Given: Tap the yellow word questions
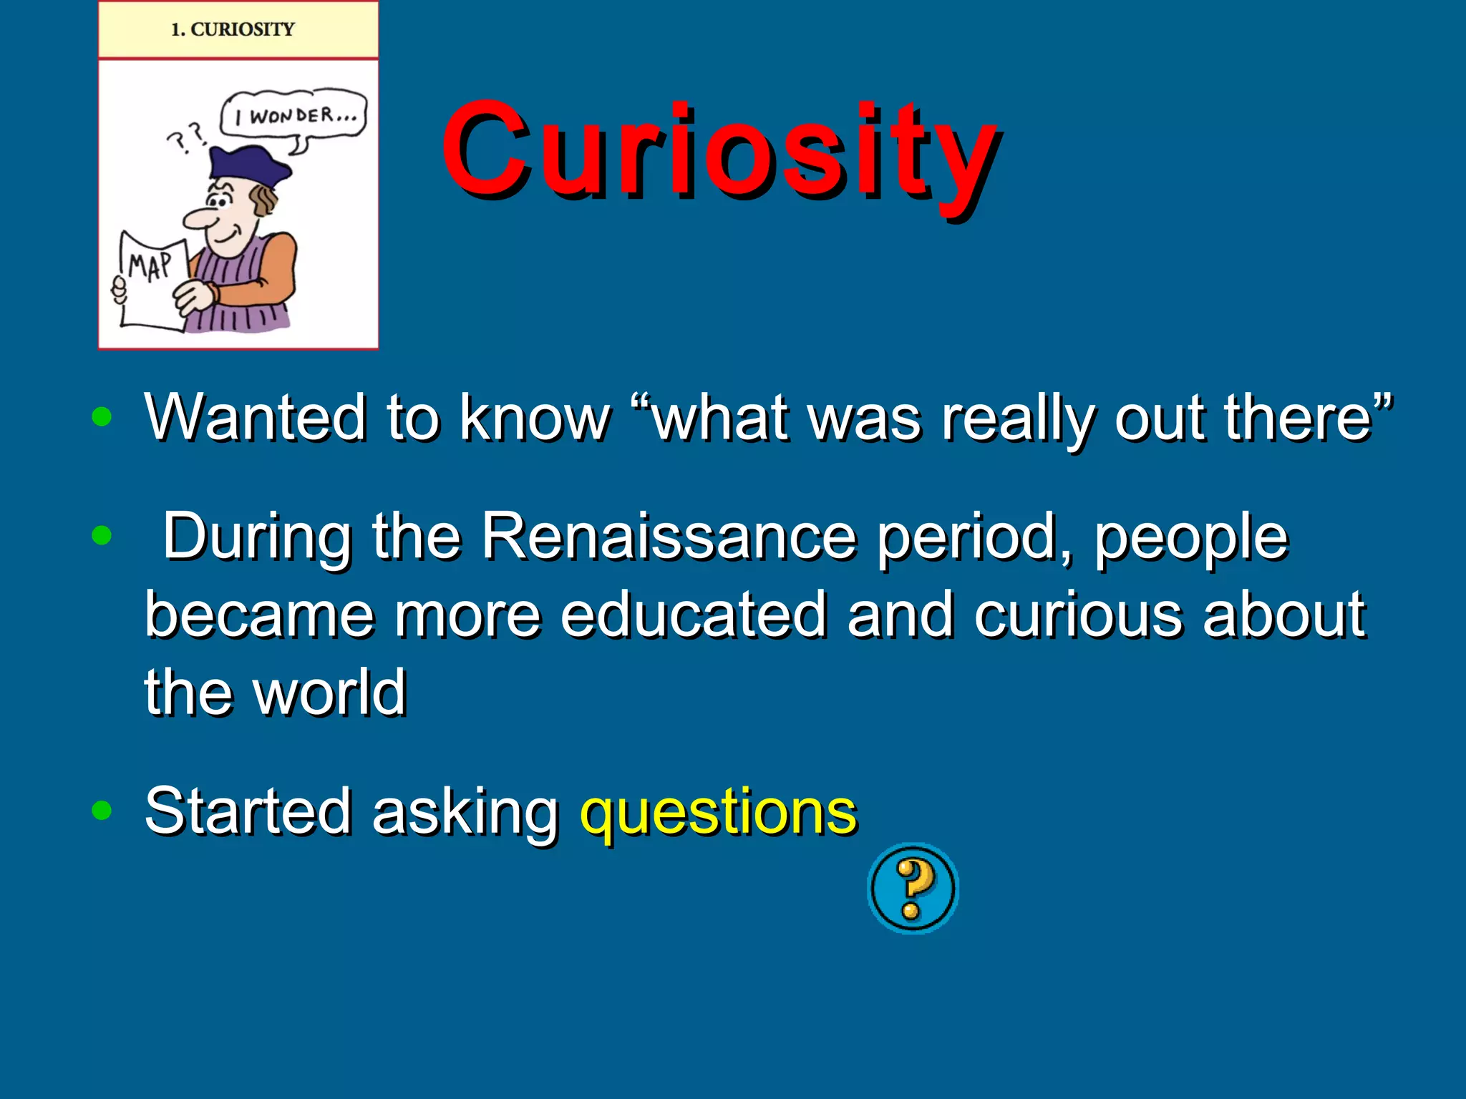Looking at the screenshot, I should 718,811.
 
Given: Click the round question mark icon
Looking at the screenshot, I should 913,888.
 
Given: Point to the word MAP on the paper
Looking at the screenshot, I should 150,266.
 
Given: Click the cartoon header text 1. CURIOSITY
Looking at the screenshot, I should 233,29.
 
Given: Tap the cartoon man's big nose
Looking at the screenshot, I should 200,219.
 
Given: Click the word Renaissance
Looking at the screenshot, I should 669,537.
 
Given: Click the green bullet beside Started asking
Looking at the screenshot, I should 102,810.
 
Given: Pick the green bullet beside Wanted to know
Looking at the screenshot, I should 102,416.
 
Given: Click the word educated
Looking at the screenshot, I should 693,615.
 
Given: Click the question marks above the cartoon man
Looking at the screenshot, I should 187,137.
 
